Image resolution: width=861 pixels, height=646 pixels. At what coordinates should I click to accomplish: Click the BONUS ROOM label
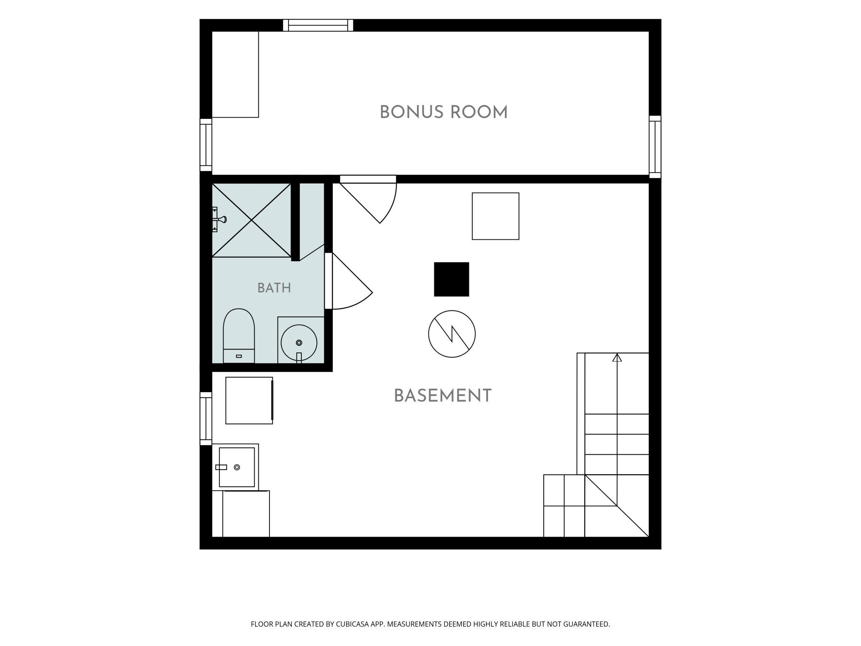click(x=443, y=112)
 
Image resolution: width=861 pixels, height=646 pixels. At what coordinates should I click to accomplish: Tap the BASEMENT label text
click(x=443, y=396)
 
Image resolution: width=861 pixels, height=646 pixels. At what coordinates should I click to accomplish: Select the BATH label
click(x=274, y=288)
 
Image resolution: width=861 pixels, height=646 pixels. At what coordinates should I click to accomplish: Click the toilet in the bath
click(x=239, y=336)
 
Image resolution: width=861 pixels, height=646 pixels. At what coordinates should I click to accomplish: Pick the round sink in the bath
click(x=299, y=343)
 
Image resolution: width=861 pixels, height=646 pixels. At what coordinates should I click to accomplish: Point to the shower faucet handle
click(x=219, y=219)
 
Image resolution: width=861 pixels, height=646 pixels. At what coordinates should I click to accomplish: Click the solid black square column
click(x=451, y=279)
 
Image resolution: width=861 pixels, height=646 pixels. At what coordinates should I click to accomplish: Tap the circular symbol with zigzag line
click(x=452, y=334)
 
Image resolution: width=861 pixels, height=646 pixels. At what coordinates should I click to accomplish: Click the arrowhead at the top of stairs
click(x=617, y=357)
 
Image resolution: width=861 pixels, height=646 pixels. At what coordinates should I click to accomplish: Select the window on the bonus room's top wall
click(x=318, y=25)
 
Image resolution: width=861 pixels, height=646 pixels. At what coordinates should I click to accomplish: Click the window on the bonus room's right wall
click(x=655, y=147)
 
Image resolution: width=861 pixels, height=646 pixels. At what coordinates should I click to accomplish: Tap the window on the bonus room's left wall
click(x=206, y=145)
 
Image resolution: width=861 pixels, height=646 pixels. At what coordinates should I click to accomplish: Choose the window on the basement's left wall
click(x=206, y=419)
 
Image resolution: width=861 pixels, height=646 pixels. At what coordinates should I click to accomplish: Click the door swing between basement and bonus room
click(x=368, y=200)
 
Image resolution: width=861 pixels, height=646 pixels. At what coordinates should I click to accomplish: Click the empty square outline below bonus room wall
click(x=495, y=216)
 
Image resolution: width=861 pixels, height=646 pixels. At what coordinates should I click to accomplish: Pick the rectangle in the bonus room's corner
click(x=235, y=74)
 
